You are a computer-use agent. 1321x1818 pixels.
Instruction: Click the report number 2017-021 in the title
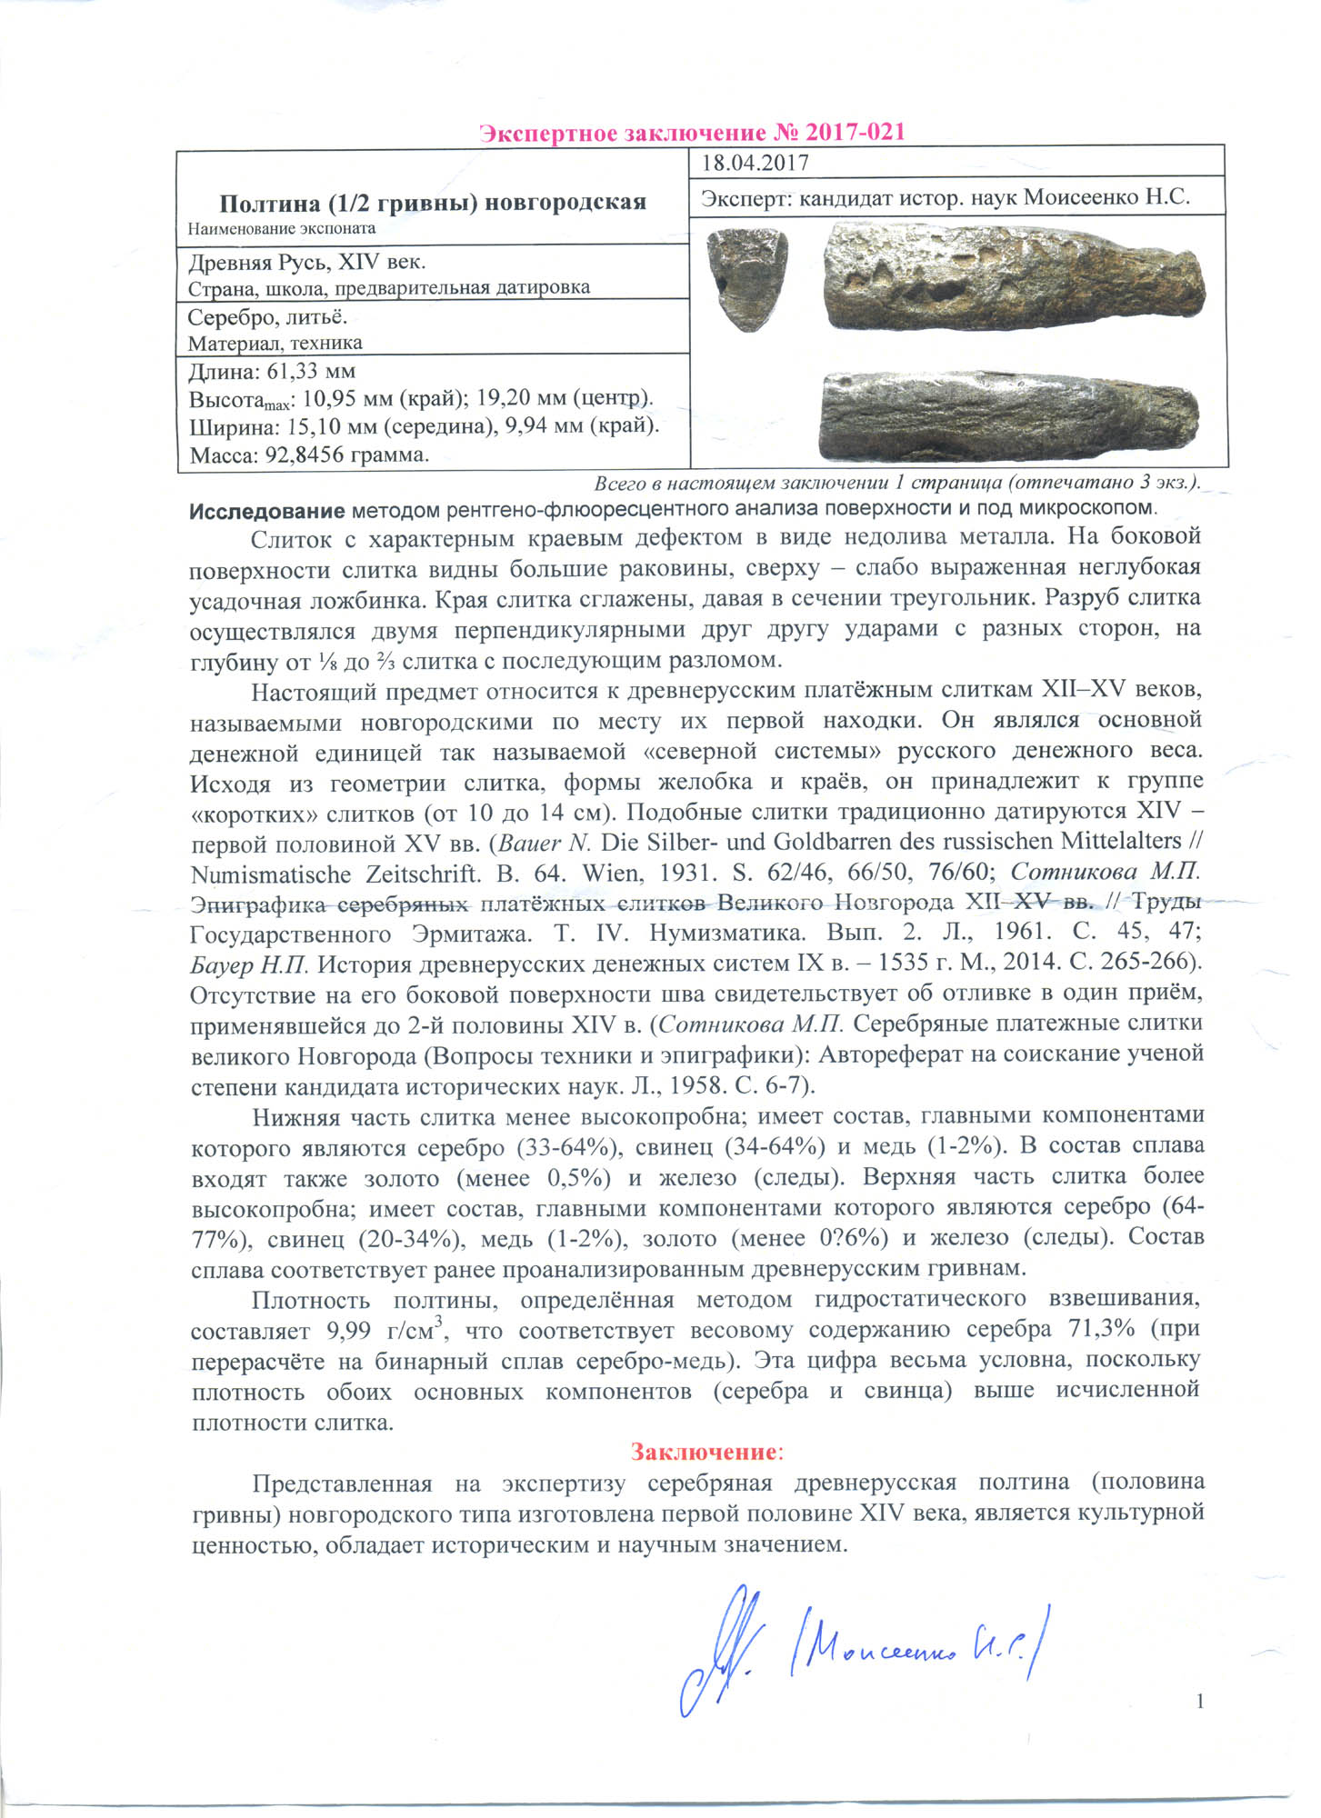pyautogui.click(x=839, y=133)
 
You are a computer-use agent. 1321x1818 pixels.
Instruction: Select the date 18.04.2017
pyautogui.click(x=756, y=164)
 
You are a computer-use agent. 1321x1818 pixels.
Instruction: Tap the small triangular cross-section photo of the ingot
pyautogui.click(x=747, y=279)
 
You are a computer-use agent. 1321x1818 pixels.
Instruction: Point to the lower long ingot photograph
pyautogui.click(x=1009, y=414)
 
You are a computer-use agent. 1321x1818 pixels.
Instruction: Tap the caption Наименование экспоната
pyautogui.click(x=282, y=229)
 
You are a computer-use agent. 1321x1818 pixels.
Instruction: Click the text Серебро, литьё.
pyautogui.click(x=267, y=317)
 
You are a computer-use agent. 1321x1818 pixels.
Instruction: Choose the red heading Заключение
pyautogui.click(x=705, y=1452)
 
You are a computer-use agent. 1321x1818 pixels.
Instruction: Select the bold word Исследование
pyautogui.click(x=266, y=510)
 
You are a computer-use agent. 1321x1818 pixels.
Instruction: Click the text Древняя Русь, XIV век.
pyautogui.click(x=306, y=263)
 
